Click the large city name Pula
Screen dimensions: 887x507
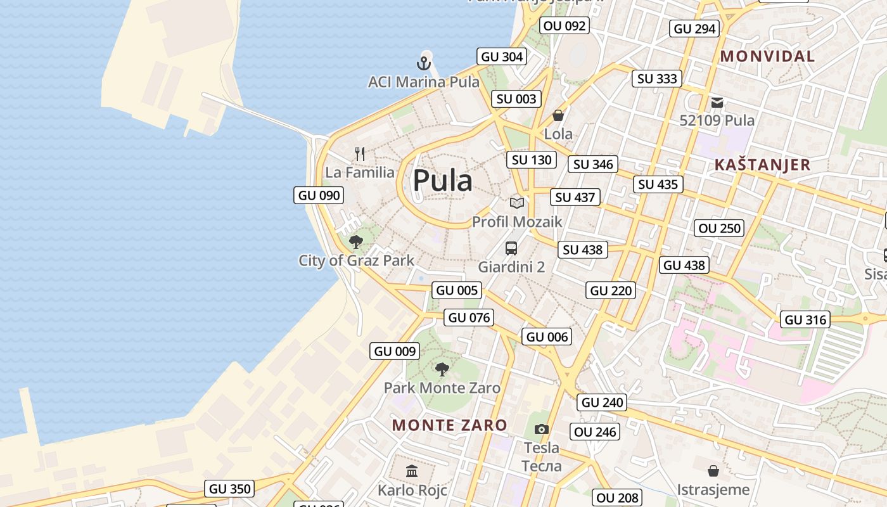(442, 181)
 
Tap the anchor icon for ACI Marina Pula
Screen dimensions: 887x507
(423, 63)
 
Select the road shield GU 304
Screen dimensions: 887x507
(502, 56)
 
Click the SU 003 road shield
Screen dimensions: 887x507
(516, 99)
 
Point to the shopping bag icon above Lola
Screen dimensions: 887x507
(558, 115)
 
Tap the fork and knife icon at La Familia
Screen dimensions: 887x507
(360, 153)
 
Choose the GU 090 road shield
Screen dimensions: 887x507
(319, 195)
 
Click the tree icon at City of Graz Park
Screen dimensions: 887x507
(356, 241)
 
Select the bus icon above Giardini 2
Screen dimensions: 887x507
(511, 248)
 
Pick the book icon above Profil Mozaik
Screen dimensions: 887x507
(517, 203)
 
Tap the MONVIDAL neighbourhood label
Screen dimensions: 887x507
(767, 56)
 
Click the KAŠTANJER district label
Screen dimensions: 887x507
(762, 165)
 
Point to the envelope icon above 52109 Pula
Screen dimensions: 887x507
(717, 102)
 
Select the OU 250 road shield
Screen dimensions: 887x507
(719, 228)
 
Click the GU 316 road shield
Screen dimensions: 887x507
(806, 320)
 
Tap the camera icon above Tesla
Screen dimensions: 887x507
(541, 430)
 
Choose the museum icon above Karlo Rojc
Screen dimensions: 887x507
(412, 471)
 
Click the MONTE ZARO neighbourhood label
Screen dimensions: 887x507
(450, 425)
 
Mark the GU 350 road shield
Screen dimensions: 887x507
(230, 489)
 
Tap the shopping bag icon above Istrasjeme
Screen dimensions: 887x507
(713, 471)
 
